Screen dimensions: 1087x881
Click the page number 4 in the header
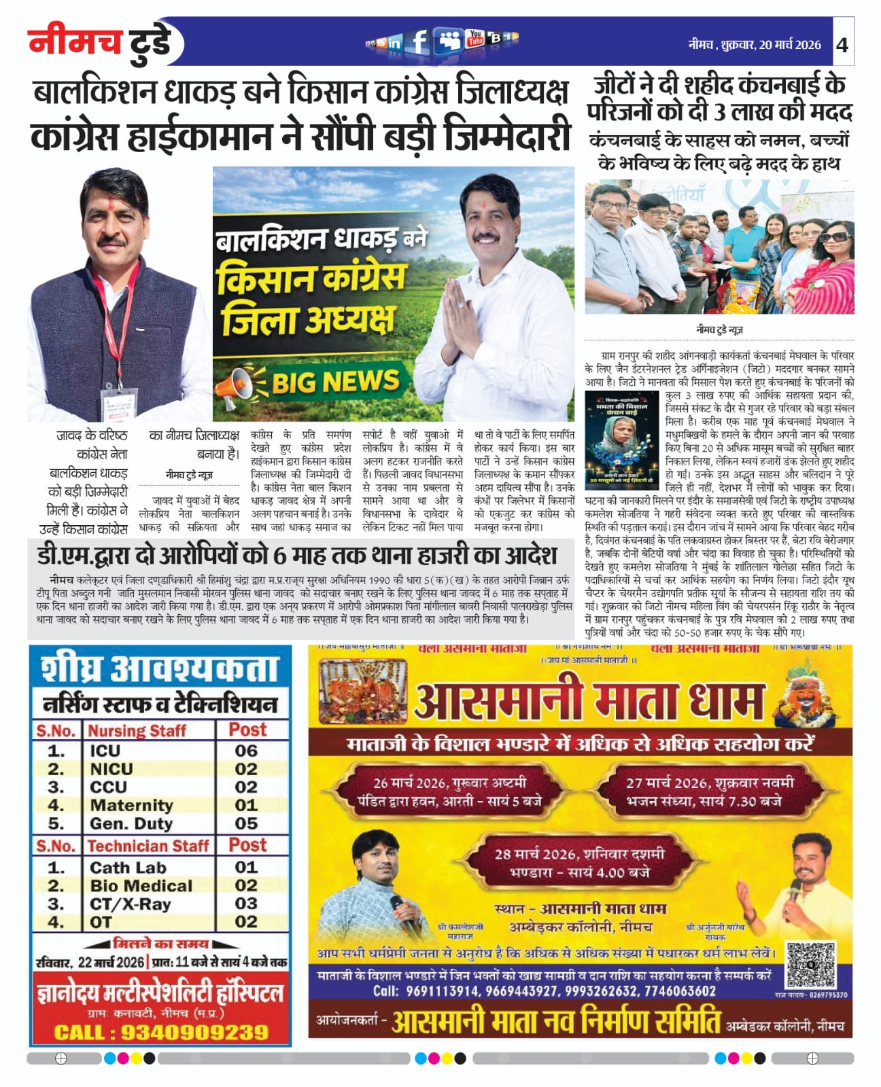coord(842,45)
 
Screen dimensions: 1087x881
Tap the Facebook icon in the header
coord(419,42)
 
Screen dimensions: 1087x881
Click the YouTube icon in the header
coord(475,39)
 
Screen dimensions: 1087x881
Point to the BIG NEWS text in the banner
coord(335,382)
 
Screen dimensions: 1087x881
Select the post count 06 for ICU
coord(246,751)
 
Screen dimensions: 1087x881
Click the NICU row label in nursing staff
coord(111,769)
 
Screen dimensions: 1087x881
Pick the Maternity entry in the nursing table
coord(131,805)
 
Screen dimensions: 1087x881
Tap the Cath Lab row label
coord(128,868)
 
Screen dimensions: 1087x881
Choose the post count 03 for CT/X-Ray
coord(246,904)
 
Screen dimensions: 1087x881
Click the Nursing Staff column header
coord(137,730)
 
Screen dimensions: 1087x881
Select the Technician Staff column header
coord(148,846)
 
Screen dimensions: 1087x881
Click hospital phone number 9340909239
coord(195,1033)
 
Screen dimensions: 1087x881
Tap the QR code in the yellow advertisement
coord(811,965)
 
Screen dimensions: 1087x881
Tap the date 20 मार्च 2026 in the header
coord(790,45)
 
